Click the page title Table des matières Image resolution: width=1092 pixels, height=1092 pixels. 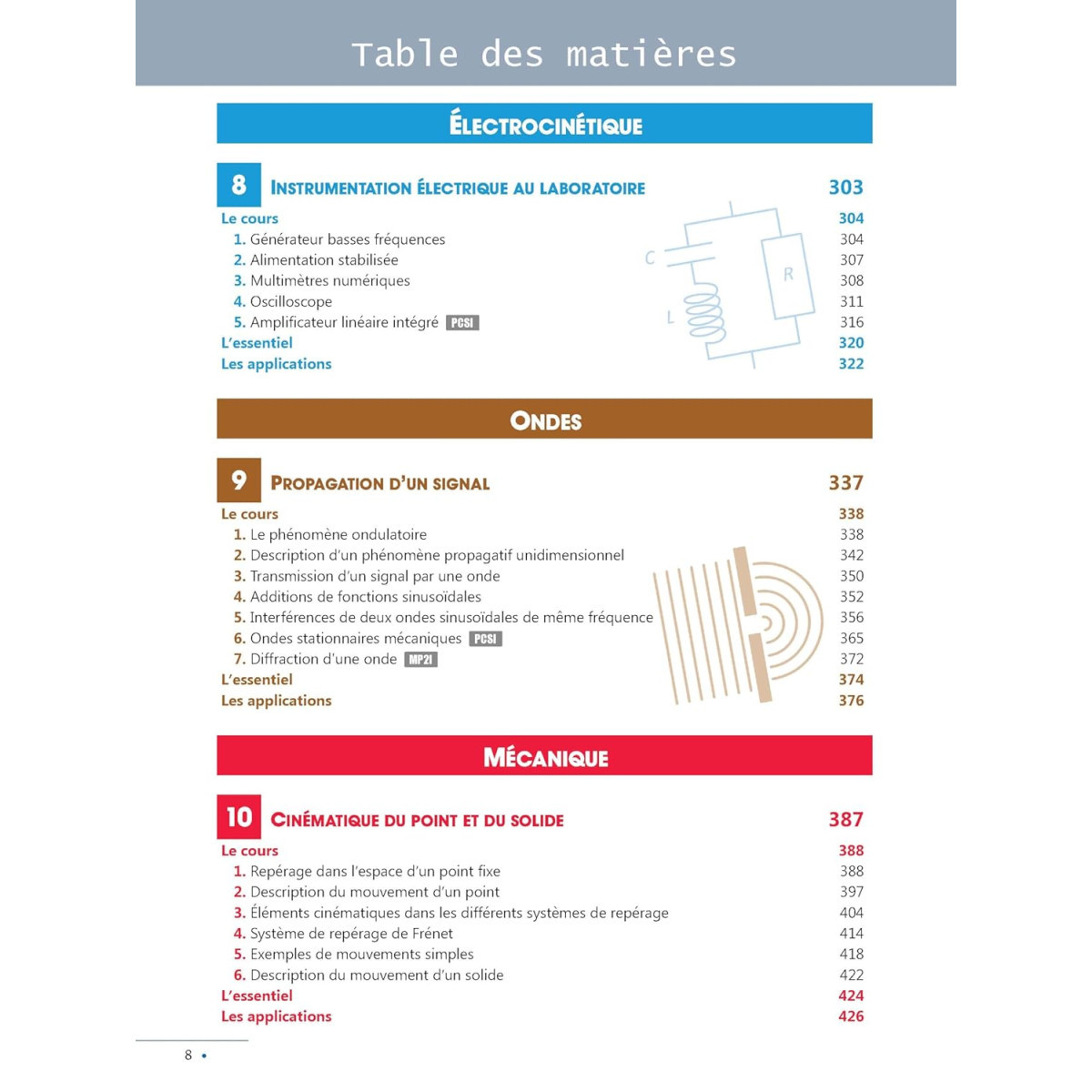click(x=544, y=55)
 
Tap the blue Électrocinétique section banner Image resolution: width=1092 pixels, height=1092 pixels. click(x=544, y=124)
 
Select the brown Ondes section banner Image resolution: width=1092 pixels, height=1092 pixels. click(x=544, y=420)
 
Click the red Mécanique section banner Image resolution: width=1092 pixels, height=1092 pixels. click(x=544, y=756)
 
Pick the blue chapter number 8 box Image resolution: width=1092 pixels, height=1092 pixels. click(x=238, y=185)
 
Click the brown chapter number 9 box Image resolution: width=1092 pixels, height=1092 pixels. click(x=238, y=480)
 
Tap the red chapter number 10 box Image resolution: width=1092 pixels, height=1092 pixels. click(x=238, y=817)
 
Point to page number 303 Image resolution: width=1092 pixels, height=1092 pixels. click(x=845, y=187)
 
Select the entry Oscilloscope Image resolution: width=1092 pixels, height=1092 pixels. click(x=290, y=301)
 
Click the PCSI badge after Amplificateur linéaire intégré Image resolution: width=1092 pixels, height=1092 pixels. click(x=462, y=323)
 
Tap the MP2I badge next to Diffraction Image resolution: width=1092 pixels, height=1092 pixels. click(x=420, y=660)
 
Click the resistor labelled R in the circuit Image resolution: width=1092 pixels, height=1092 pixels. click(x=787, y=275)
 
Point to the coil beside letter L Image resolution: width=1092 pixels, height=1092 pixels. click(x=706, y=313)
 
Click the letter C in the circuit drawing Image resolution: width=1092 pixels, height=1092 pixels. click(x=650, y=258)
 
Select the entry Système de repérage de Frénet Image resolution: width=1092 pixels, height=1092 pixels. click(x=351, y=934)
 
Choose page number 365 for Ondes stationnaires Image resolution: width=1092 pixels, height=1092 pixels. click(x=852, y=638)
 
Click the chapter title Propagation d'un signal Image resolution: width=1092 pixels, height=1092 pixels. click(x=380, y=483)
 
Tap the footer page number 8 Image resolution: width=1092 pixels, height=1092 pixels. click(x=188, y=1056)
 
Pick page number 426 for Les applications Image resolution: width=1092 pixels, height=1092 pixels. click(x=851, y=1016)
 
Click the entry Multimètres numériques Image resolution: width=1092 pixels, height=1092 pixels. click(x=329, y=280)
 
